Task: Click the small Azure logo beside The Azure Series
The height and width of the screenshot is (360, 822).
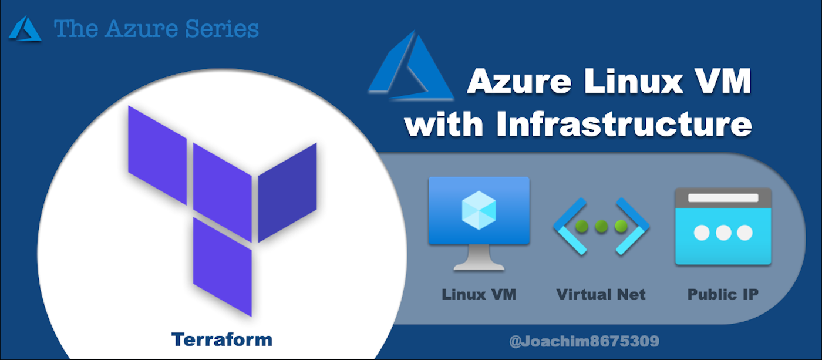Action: pyautogui.click(x=25, y=29)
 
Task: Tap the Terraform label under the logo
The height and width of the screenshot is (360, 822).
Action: pyautogui.click(x=222, y=339)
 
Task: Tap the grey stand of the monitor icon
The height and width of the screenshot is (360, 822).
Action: pyautogui.click(x=479, y=258)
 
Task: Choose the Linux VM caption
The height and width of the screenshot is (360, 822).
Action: pyautogui.click(x=479, y=294)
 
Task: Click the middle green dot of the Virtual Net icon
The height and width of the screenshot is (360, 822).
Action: pyautogui.click(x=601, y=226)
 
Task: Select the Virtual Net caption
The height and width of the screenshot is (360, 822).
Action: pyautogui.click(x=601, y=294)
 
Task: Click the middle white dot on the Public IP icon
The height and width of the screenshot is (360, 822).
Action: pyautogui.click(x=723, y=233)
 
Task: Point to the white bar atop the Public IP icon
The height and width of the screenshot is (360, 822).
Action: pyautogui.click(x=723, y=198)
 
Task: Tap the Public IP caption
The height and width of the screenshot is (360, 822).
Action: pyautogui.click(x=723, y=294)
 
